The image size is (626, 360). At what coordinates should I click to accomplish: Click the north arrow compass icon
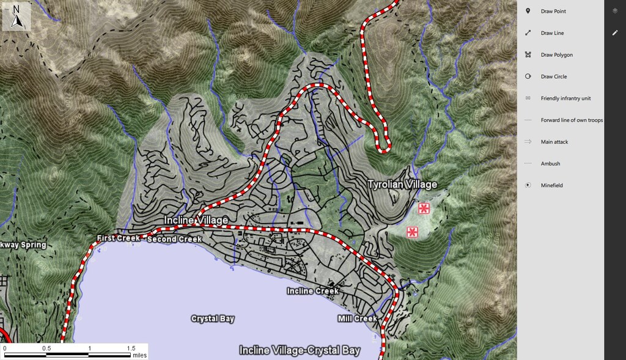pyautogui.click(x=17, y=17)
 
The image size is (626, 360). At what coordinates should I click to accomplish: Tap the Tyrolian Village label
pyautogui.click(x=402, y=184)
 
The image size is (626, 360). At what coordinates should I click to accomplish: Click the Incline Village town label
pyautogui.click(x=196, y=219)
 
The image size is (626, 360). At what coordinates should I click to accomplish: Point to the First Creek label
pyautogui.click(x=119, y=238)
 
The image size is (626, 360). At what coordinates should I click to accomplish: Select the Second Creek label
pyautogui.click(x=174, y=239)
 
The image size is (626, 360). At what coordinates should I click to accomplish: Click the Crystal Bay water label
pyautogui.click(x=213, y=318)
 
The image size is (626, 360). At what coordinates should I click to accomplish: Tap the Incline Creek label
pyautogui.click(x=312, y=291)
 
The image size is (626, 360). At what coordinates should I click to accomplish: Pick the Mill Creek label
pyautogui.click(x=357, y=318)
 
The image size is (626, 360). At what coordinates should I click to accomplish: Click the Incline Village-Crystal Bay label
pyautogui.click(x=300, y=350)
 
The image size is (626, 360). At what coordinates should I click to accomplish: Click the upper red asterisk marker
pyautogui.click(x=424, y=208)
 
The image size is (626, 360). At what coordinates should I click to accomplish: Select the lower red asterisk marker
pyautogui.click(x=413, y=232)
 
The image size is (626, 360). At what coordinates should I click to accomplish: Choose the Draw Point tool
pyautogui.click(x=554, y=12)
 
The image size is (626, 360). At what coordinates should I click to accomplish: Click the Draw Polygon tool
pyautogui.click(x=556, y=55)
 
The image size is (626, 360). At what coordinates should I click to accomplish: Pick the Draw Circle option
pyautogui.click(x=553, y=76)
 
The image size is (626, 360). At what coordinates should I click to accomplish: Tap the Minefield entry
pyautogui.click(x=551, y=185)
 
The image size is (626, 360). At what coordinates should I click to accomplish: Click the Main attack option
pyautogui.click(x=554, y=142)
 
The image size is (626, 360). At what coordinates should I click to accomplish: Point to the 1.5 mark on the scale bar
pyautogui.click(x=131, y=348)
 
